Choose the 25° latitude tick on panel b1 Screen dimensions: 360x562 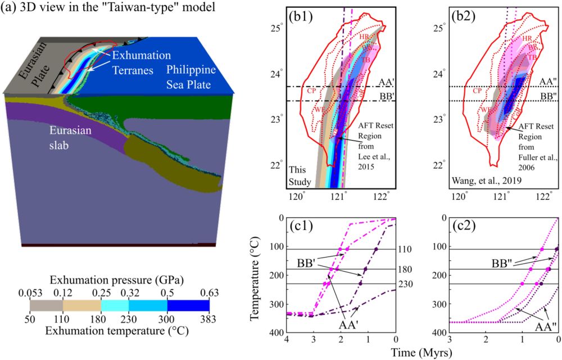(x=278, y=28)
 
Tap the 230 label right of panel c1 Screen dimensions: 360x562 (x=406, y=284)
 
